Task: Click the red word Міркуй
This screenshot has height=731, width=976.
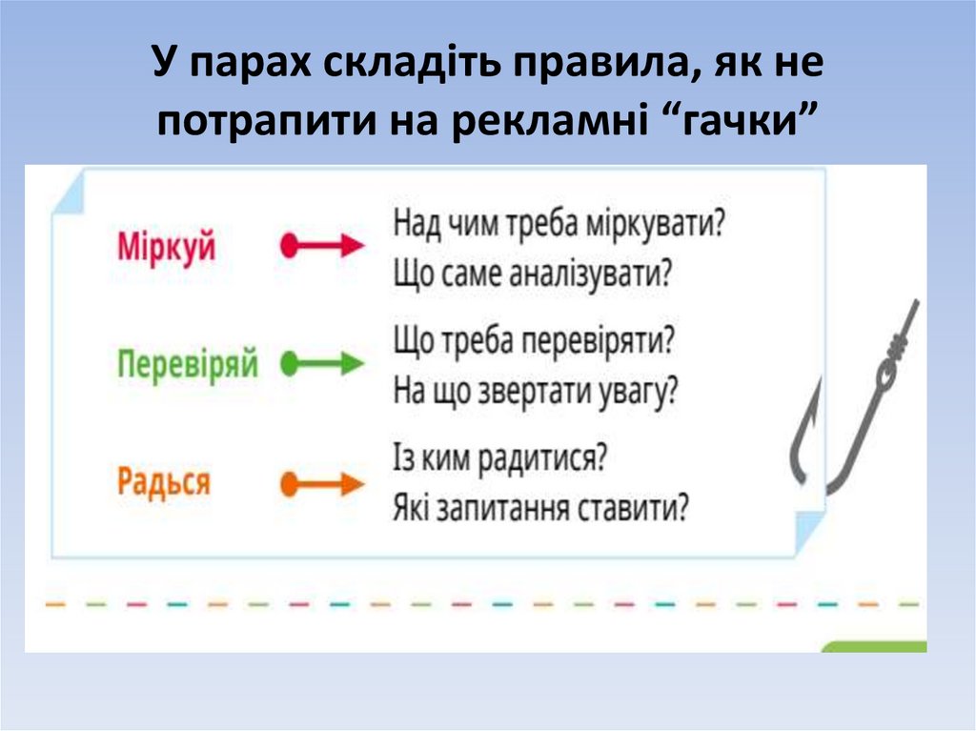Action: [167, 247]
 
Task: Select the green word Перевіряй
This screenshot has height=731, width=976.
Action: [188, 364]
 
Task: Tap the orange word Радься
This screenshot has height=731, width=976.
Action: [163, 482]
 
